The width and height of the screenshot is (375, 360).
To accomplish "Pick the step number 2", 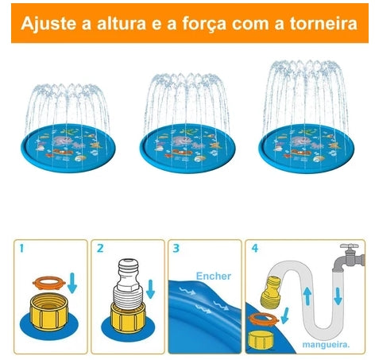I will (100, 249).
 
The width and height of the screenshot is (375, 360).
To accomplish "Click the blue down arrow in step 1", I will (72, 282).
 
